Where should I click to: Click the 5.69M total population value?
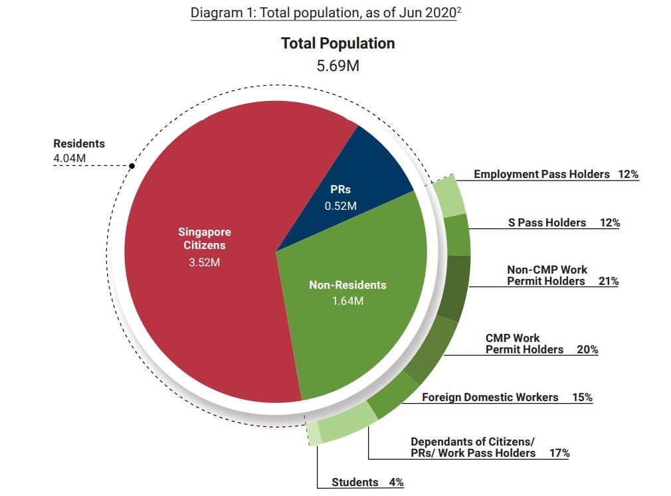pos(337,66)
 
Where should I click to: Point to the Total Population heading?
pos(337,44)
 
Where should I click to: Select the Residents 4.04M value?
pos(70,158)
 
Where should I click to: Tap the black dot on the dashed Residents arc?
pos(132,165)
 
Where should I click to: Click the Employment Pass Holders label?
pos(541,174)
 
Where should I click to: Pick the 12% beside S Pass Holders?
pos(609,222)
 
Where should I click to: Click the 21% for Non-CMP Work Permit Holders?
pos(608,281)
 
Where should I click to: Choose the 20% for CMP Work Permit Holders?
pos(587,349)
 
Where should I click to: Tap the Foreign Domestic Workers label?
pos(490,397)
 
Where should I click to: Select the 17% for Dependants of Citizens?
pos(559,453)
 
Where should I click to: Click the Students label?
pos(355,482)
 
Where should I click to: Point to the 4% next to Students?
pos(396,482)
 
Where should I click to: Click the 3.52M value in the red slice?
pos(205,262)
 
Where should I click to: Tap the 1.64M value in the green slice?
pos(347,301)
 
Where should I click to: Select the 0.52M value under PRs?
pos(340,206)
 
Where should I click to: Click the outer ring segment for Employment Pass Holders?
pos(449,197)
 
